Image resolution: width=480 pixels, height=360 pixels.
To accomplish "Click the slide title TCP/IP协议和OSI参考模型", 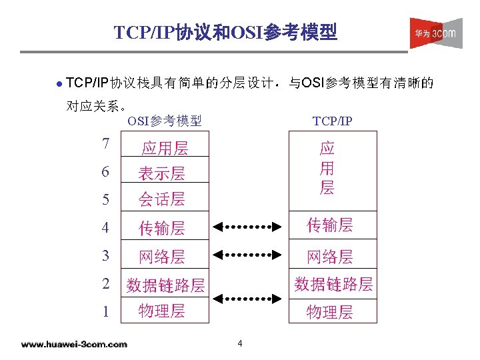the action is (x=225, y=32).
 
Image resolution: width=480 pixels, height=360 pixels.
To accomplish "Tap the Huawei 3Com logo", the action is (x=435, y=33).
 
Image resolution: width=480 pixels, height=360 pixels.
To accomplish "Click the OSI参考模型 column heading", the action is (x=165, y=121).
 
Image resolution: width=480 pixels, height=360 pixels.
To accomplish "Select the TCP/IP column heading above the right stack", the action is (x=332, y=121).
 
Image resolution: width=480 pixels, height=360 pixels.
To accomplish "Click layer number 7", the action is (x=105, y=143).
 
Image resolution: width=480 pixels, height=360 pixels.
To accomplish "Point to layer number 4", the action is (x=105, y=227).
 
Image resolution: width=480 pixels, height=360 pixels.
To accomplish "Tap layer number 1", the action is (x=105, y=311).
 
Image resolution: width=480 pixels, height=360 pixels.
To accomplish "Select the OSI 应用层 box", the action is (x=165, y=147).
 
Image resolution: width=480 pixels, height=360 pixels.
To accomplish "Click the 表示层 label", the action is (x=161, y=173).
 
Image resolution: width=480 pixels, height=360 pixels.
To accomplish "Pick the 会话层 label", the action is (x=161, y=199).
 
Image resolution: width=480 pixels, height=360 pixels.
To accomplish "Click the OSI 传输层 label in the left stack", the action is (x=161, y=228).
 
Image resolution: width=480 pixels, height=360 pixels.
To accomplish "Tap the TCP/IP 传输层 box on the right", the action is (x=329, y=225).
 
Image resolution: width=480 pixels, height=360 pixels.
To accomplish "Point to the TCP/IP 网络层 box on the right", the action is (x=329, y=256).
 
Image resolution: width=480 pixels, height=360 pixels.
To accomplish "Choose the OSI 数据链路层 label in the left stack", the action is (x=165, y=285).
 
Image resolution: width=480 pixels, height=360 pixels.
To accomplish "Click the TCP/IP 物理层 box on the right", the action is (x=329, y=311).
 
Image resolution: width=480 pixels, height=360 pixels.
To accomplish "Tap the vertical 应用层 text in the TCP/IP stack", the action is (x=327, y=168).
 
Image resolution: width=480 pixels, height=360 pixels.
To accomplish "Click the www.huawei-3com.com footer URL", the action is (x=73, y=344).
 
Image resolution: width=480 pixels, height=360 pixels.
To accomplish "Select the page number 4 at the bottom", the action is (x=239, y=344).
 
